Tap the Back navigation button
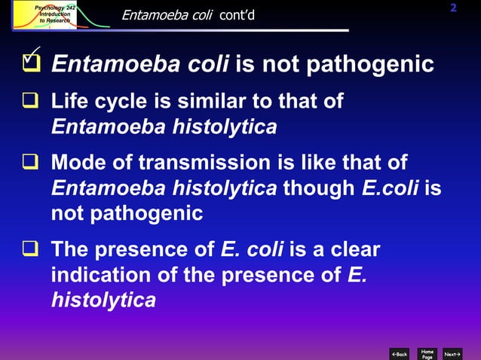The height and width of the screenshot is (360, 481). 400,353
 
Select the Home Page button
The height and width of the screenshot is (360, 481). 427,353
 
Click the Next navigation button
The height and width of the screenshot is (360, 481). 453,353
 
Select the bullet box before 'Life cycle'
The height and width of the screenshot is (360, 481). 31,101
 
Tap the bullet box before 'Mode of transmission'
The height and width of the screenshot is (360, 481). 31,163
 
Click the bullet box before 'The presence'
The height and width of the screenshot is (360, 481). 31,250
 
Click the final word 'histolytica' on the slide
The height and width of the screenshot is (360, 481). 103,301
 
